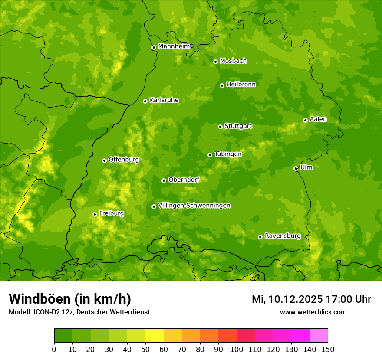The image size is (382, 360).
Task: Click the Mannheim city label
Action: (174, 46)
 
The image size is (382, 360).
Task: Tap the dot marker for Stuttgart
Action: (220, 127)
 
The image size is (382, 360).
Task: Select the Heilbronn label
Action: (241, 84)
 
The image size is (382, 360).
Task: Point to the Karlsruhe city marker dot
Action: (145, 101)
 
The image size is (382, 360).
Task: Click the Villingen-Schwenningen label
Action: (194, 206)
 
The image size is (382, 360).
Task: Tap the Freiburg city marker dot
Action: (95, 214)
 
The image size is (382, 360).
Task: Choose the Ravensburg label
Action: (282, 236)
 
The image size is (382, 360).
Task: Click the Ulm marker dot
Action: (296, 168)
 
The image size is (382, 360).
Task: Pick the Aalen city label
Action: (318, 119)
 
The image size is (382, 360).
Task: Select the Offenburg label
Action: (124, 159)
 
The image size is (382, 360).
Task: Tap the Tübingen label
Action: (227, 154)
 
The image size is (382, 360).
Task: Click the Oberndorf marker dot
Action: (164, 180)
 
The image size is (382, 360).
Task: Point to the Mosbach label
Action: (233, 61)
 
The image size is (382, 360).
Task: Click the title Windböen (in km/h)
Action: (69, 299)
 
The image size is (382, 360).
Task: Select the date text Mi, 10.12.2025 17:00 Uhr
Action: (311, 299)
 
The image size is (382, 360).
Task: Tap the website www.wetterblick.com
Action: (313, 312)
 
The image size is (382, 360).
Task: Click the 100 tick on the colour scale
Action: (237, 349)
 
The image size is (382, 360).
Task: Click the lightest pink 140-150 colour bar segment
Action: (319, 336)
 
